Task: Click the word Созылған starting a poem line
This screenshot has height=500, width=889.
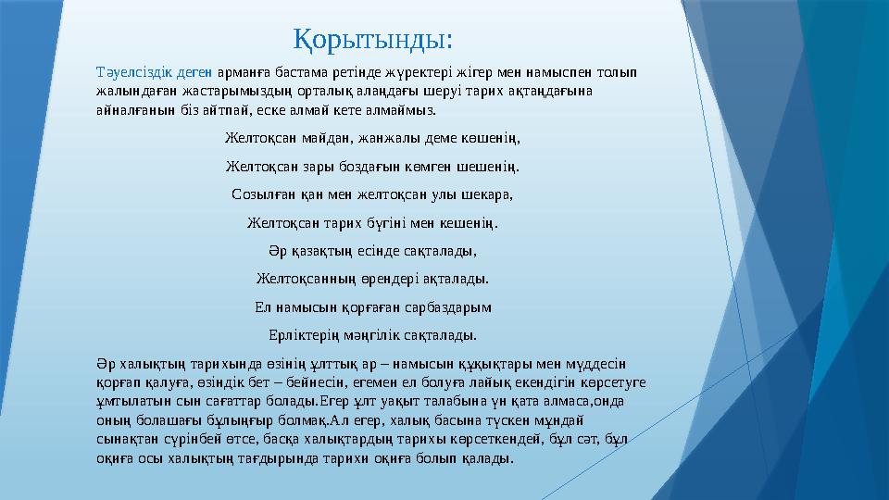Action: pos(263,195)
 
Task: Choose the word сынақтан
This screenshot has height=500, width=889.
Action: pos(130,439)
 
